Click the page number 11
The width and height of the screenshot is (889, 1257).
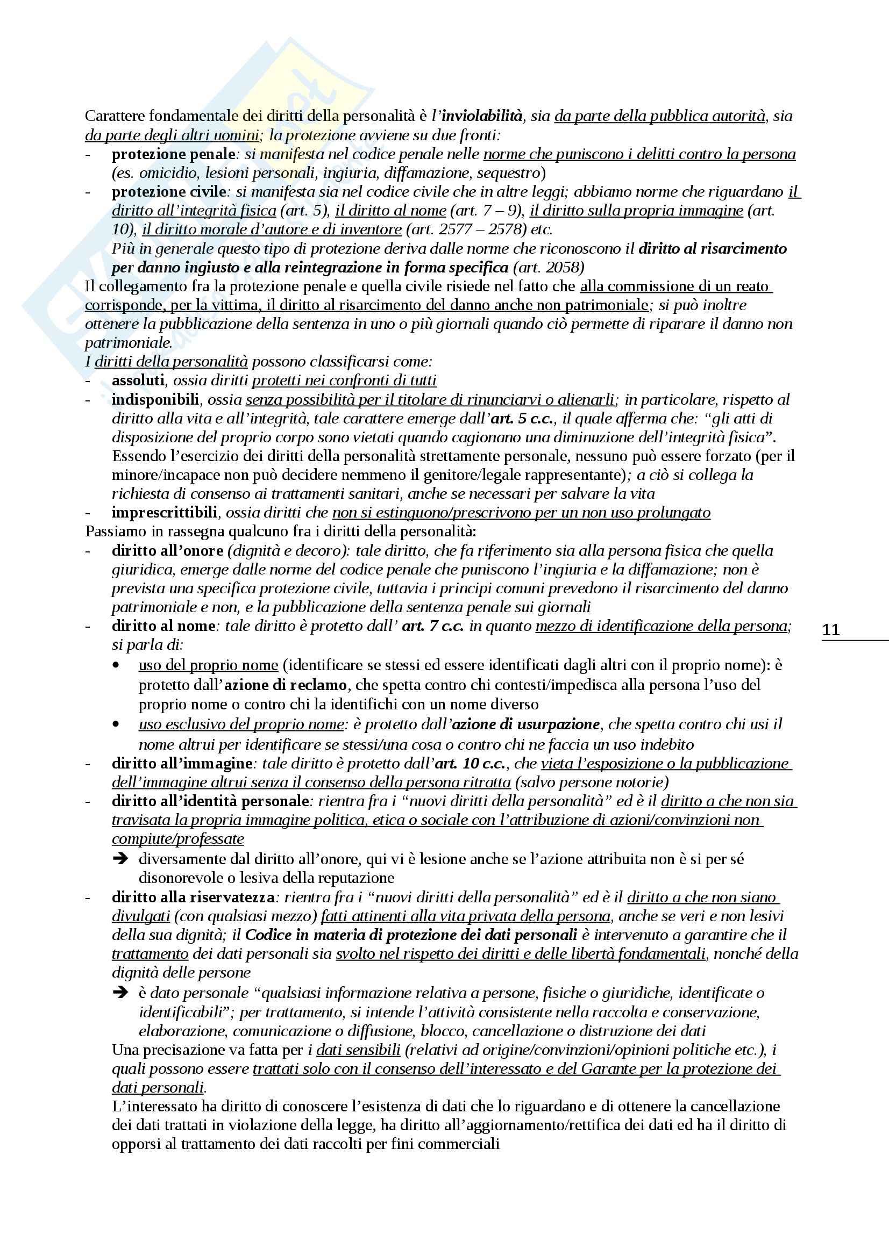[830, 630]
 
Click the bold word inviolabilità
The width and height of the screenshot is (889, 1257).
[482, 116]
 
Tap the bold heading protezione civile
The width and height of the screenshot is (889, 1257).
[169, 192]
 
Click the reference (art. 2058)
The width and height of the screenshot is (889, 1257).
[549, 267]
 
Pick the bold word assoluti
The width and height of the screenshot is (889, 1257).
[138, 380]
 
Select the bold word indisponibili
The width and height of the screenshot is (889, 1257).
[155, 399]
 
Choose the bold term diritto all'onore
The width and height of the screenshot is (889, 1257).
[168, 550]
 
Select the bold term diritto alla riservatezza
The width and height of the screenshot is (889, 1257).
[194, 897]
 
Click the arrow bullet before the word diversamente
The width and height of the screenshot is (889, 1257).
[120, 859]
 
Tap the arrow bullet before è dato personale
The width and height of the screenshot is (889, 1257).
[120, 993]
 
